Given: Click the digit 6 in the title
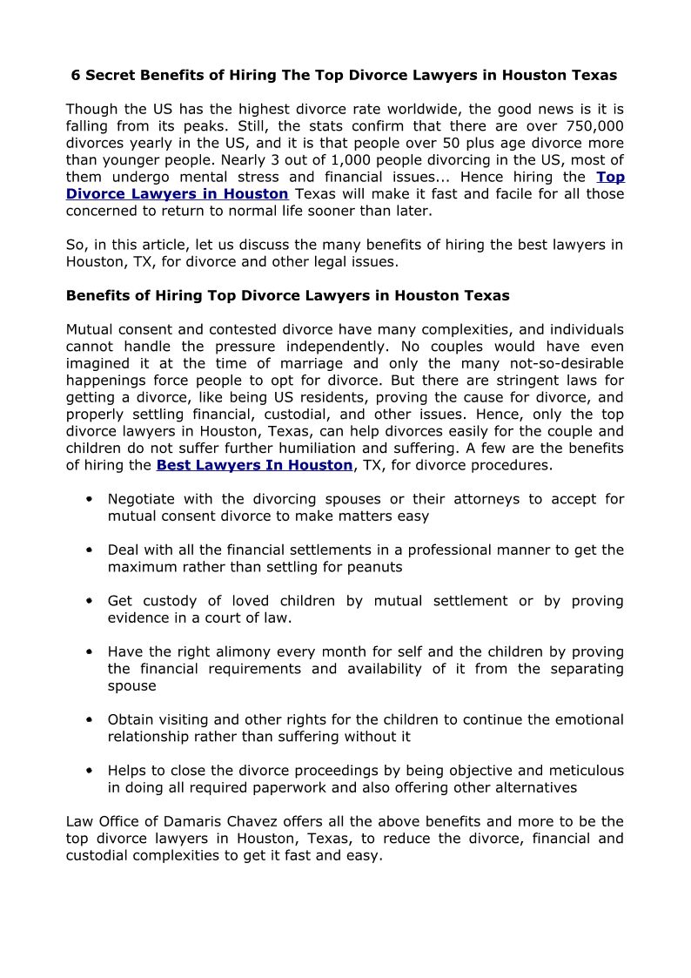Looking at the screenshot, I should tap(75, 76).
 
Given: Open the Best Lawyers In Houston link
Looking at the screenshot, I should tap(254, 465).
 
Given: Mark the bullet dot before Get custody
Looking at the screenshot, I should tap(90, 602).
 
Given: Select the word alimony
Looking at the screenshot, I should tap(242, 651).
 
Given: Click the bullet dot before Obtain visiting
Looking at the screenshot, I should tap(90, 720).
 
